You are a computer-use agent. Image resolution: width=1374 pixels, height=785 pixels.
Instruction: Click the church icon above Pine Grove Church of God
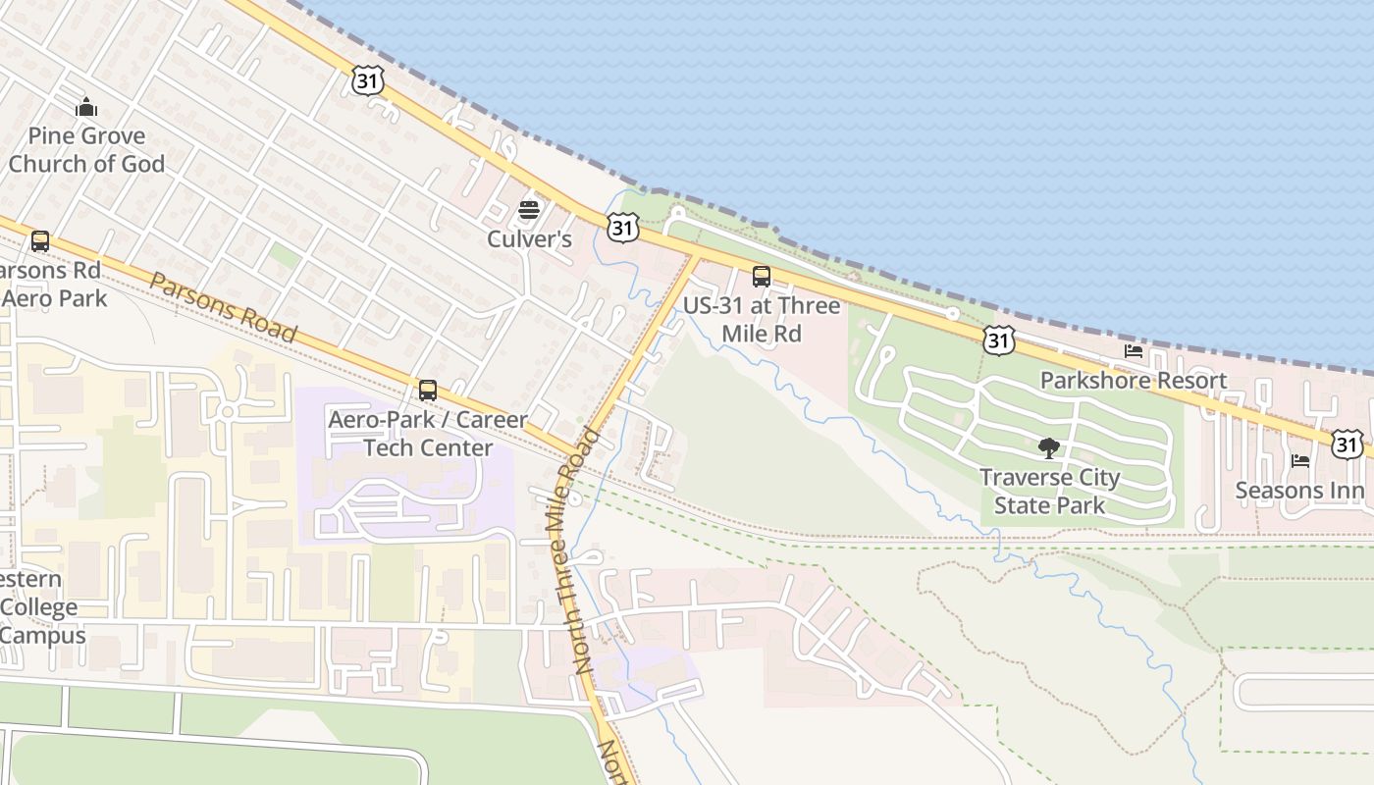[x=86, y=107]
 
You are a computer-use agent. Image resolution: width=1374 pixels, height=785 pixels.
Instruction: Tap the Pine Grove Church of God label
[x=86, y=150]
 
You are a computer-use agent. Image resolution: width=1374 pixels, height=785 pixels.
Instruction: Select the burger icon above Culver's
[x=529, y=209]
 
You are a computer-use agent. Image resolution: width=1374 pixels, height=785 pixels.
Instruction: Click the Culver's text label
[x=529, y=239]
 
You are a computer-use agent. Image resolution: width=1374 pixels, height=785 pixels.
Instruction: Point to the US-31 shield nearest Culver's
[x=623, y=229]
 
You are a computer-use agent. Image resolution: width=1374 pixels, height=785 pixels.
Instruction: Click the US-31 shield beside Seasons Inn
[x=1348, y=445]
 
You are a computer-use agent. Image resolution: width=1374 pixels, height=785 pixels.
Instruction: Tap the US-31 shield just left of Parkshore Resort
[x=998, y=340]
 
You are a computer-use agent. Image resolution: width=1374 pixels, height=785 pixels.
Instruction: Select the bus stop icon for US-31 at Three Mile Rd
[x=761, y=277]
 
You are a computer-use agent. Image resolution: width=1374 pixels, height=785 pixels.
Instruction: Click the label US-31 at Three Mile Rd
[x=762, y=320]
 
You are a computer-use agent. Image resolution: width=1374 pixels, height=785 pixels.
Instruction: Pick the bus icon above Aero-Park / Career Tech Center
[x=427, y=390]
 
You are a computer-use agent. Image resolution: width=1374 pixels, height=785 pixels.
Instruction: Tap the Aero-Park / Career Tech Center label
[x=428, y=434]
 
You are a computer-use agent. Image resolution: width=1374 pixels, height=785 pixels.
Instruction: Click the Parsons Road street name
[x=223, y=307]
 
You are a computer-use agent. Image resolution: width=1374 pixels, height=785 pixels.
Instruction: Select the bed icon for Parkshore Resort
[x=1134, y=351]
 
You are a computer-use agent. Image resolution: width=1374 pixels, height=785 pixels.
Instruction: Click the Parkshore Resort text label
[x=1133, y=381]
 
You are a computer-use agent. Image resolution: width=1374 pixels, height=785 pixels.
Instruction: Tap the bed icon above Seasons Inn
[x=1300, y=460]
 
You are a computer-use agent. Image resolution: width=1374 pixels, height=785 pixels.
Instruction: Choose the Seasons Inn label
[x=1298, y=491]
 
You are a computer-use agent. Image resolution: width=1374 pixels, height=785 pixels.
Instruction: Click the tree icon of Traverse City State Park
[x=1049, y=448]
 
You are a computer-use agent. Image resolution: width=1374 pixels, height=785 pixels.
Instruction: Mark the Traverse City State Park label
[x=1049, y=492]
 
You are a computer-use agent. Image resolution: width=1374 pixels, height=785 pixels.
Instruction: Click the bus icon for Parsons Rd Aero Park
[x=40, y=240]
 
